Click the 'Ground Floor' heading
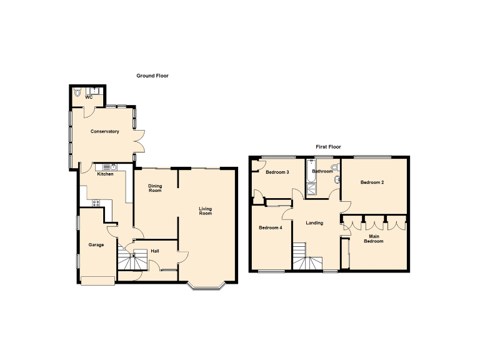(x=152, y=76)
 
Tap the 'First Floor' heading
(x=328, y=147)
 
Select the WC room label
(x=89, y=97)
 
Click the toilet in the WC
(x=77, y=92)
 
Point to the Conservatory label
(x=104, y=131)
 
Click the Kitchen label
(x=105, y=174)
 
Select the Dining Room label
(x=155, y=187)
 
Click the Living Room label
(x=206, y=211)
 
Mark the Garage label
(x=96, y=244)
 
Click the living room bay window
(x=206, y=286)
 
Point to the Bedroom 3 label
(x=277, y=172)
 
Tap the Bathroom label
(x=322, y=171)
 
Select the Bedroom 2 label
(x=372, y=182)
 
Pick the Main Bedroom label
(x=375, y=238)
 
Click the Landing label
(x=314, y=222)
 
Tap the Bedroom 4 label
(x=271, y=227)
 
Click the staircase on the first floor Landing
(x=307, y=260)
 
